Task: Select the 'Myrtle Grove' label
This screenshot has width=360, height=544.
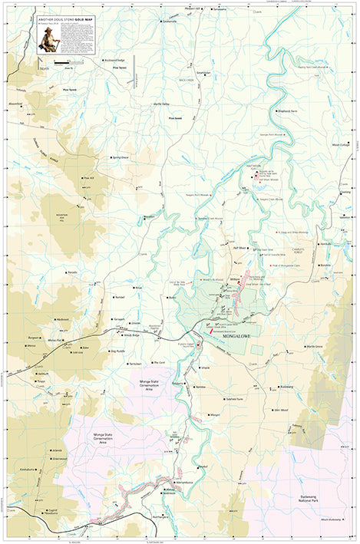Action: pyautogui.click(x=314, y=347)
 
